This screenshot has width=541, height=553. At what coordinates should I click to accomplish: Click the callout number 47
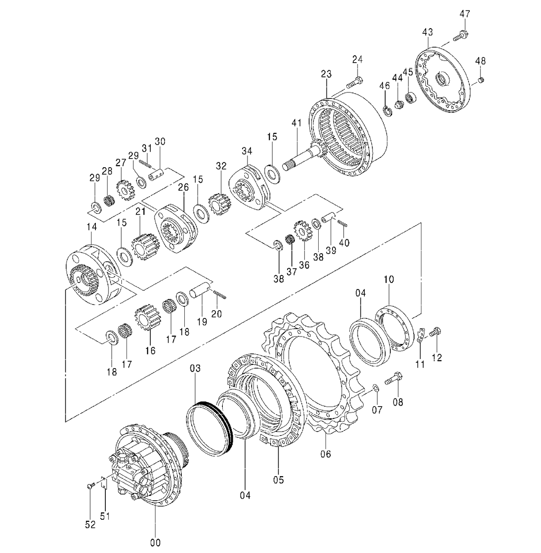click(x=465, y=14)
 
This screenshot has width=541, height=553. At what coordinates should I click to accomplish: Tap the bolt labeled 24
click(x=354, y=82)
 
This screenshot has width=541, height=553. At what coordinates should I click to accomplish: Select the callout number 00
click(x=155, y=542)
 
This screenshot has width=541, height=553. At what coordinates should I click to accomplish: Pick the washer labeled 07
click(x=376, y=388)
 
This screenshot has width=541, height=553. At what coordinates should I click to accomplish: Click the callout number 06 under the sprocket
click(x=326, y=454)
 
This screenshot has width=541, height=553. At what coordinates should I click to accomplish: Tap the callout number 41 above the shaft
click(x=296, y=123)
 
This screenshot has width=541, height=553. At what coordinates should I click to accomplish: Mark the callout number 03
click(x=195, y=368)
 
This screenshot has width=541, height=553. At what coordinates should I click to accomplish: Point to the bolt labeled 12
click(x=435, y=332)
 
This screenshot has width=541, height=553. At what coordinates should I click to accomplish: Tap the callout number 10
click(x=389, y=280)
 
